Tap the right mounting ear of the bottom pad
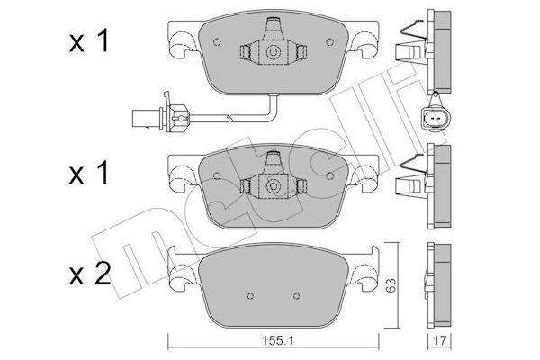point(369,267)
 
